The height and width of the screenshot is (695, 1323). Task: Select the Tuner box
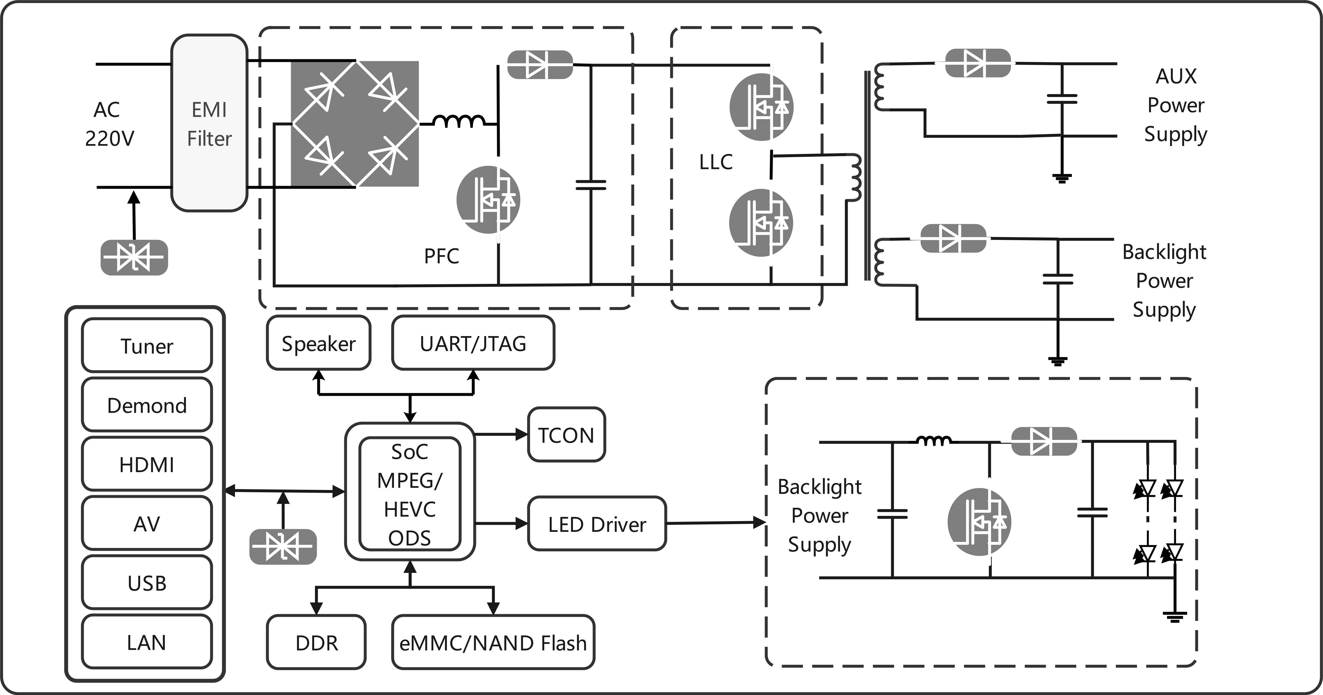coord(147,345)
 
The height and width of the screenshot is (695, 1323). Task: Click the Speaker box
coord(318,343)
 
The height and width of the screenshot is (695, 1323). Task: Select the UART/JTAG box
coord(473,343)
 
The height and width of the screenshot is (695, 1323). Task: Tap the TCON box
coord(567,435)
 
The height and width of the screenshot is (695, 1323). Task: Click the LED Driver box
coord(597,523)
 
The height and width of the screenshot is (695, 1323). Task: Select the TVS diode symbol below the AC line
coord(134,257)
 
